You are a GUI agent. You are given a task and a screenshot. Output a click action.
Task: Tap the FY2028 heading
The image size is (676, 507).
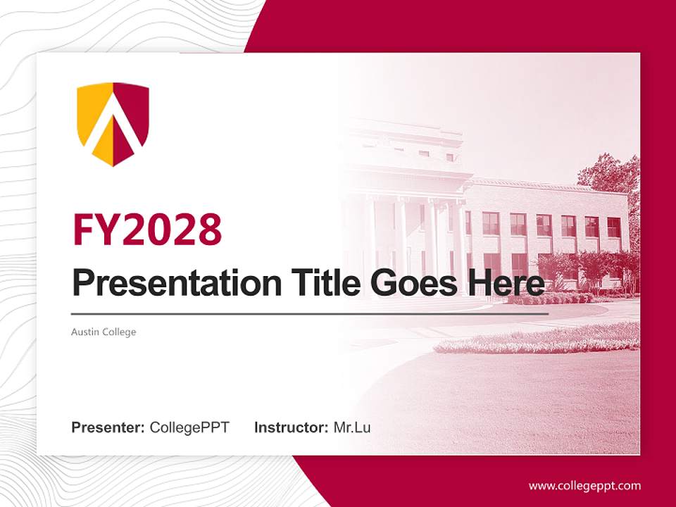[x=147, y=230]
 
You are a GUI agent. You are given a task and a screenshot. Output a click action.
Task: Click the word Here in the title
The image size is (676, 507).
[x=503, y=283]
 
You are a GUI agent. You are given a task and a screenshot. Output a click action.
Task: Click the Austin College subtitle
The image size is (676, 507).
[x=104, y=332]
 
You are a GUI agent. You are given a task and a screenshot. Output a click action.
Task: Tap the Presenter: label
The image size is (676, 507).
[x=108, y=427]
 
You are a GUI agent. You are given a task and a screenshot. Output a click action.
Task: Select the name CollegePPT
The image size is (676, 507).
[x=189, y=427]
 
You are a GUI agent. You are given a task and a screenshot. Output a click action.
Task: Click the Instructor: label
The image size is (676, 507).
[x=291, y=427]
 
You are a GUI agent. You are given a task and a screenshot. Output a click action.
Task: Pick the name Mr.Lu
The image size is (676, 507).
[x=352, y=427]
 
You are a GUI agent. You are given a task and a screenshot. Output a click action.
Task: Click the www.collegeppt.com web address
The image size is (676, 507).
[x=584, y=486]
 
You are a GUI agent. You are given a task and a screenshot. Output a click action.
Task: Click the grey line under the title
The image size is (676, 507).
[x=310, y=313]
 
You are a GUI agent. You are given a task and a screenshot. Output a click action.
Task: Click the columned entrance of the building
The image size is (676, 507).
[x=408, y=239]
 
